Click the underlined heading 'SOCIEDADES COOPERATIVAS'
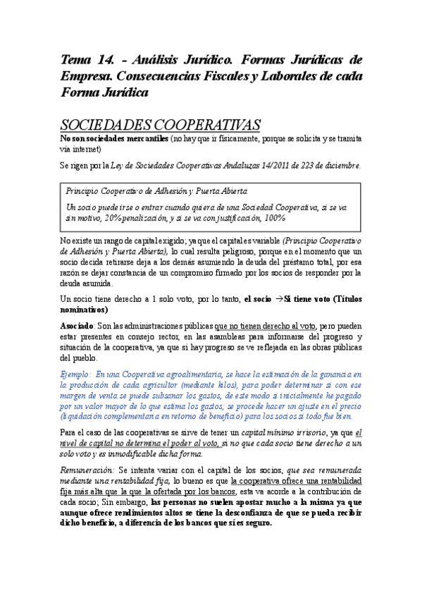161,125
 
